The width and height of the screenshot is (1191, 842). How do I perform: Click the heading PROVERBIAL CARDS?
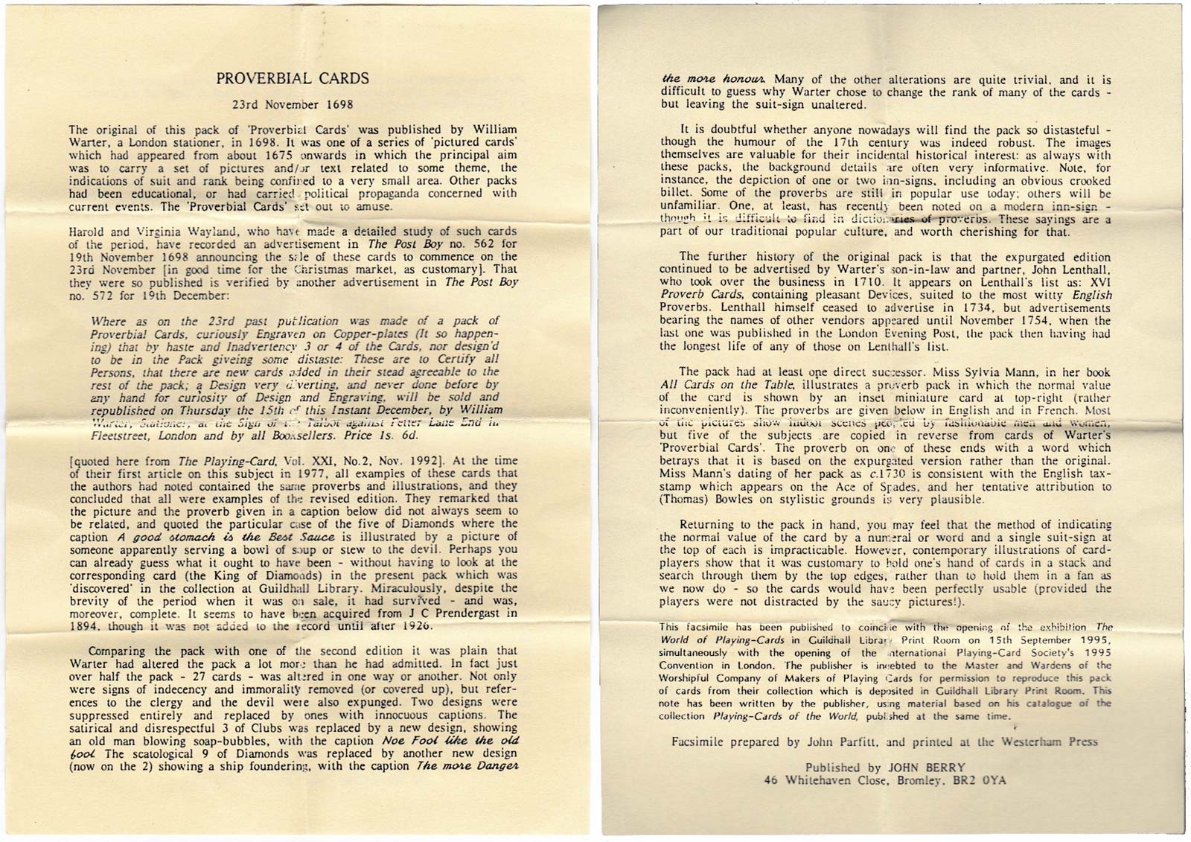[x=293, y=78]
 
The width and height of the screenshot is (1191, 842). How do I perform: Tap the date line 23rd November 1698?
[x=293, y=105]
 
